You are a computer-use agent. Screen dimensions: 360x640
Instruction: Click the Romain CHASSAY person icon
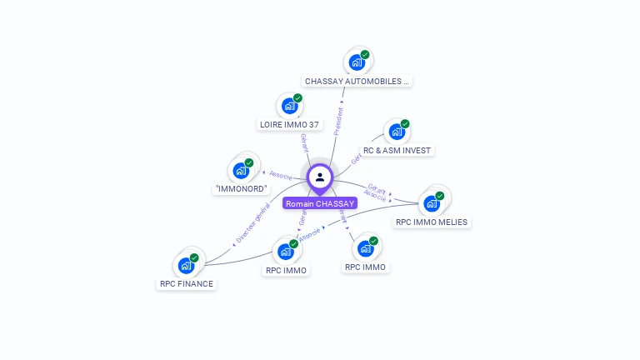coord(320,177)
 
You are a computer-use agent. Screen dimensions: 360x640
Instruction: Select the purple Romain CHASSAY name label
coord(320,203)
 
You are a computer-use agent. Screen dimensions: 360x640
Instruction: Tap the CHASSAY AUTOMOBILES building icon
coord(357,62)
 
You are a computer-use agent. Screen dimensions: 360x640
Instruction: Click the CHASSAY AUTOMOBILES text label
coord(357,82)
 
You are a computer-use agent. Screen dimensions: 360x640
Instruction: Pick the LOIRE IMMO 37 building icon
coord(289,105)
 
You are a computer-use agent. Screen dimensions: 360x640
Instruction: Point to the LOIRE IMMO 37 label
coord(289,125)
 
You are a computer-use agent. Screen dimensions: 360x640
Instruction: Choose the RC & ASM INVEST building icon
coord(397,131)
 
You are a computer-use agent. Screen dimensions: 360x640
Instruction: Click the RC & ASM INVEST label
coord(397,150)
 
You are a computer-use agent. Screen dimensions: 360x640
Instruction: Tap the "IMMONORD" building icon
coord(241,170)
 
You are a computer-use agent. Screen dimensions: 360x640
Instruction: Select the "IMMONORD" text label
coord(241,189)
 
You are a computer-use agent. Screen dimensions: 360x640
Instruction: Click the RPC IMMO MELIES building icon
coord(432,202)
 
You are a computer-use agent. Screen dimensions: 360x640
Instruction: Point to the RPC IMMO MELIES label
coord(432,222)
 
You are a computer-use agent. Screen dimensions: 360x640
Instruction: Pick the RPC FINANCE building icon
coord(186,265)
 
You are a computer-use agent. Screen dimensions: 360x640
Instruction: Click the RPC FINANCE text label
coord(187,284)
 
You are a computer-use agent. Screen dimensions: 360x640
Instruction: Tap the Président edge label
coord(339,121)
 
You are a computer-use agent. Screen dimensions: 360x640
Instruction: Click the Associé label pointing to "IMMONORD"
coord(278,175)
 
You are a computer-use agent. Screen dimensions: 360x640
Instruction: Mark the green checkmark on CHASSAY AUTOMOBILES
coord(365,54)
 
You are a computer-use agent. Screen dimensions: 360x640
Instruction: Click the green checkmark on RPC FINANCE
coord(194,257)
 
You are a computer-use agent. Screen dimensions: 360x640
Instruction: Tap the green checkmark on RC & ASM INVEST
coord(405,123)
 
